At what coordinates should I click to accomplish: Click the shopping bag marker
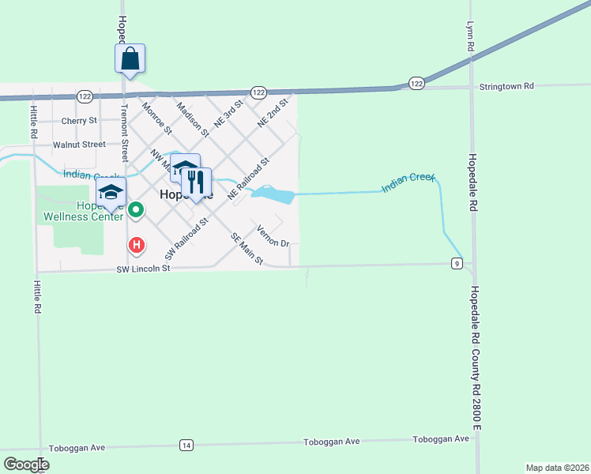pos(130,58)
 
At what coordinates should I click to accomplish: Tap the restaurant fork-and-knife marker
pos(196,182)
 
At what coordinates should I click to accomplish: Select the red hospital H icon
pos(137,246)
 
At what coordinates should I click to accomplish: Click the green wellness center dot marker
pos(136,210)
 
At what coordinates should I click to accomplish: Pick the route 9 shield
pos(457,263)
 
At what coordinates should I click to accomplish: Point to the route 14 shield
pos(186,445)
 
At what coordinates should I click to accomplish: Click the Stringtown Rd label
pos(506,85)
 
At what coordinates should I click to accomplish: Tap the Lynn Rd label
pos(469,36)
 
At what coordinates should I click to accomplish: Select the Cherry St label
pos(79,121)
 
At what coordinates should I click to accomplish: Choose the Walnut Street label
pos(79,145)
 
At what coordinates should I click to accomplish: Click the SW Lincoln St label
pos(144,269)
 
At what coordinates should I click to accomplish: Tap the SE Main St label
pos(247,248)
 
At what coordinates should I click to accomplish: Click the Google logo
pos(26,465)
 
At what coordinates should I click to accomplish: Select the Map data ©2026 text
pos(557,467)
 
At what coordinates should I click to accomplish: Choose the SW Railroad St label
pos(185,239)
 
